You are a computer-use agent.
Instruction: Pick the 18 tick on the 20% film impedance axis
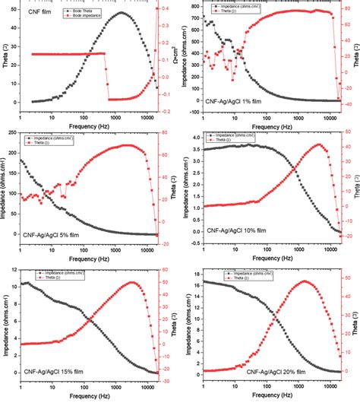coord(197,271)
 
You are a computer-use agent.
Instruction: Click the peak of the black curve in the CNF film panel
coord(122,13)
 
